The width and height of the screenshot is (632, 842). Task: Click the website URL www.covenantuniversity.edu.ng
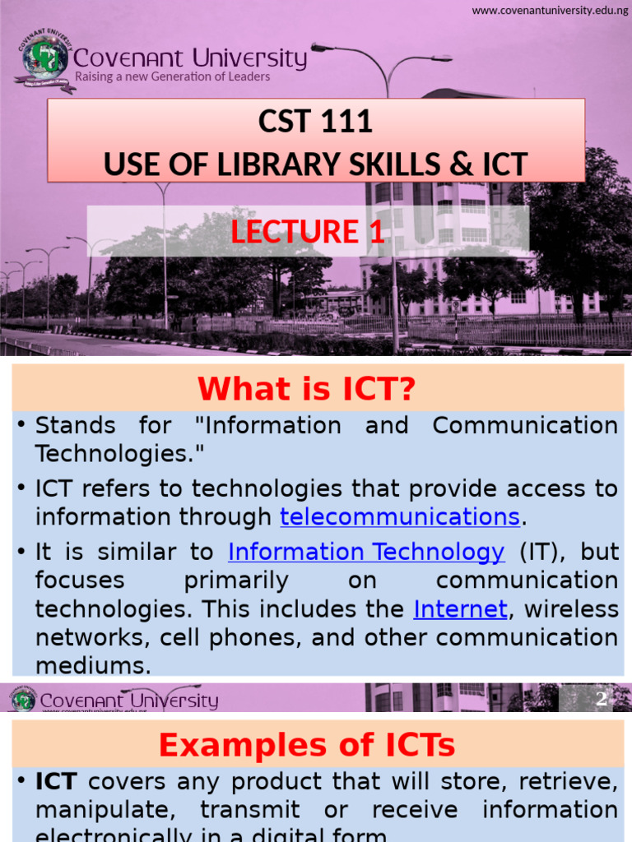551,10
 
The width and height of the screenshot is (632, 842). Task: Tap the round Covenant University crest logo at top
44,59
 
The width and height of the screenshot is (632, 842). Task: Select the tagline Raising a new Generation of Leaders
172,76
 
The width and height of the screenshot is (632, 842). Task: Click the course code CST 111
315,123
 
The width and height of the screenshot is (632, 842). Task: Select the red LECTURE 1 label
308,232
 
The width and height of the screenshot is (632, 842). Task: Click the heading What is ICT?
307,390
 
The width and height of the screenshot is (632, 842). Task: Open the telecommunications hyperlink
400,516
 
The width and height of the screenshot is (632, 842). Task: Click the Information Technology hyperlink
366,551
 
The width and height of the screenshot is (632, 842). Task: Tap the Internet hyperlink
461,608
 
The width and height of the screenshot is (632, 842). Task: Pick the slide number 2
602,699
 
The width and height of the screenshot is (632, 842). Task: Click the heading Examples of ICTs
307,745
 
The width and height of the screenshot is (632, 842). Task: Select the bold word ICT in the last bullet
56,781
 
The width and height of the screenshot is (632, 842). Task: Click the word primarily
236,580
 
